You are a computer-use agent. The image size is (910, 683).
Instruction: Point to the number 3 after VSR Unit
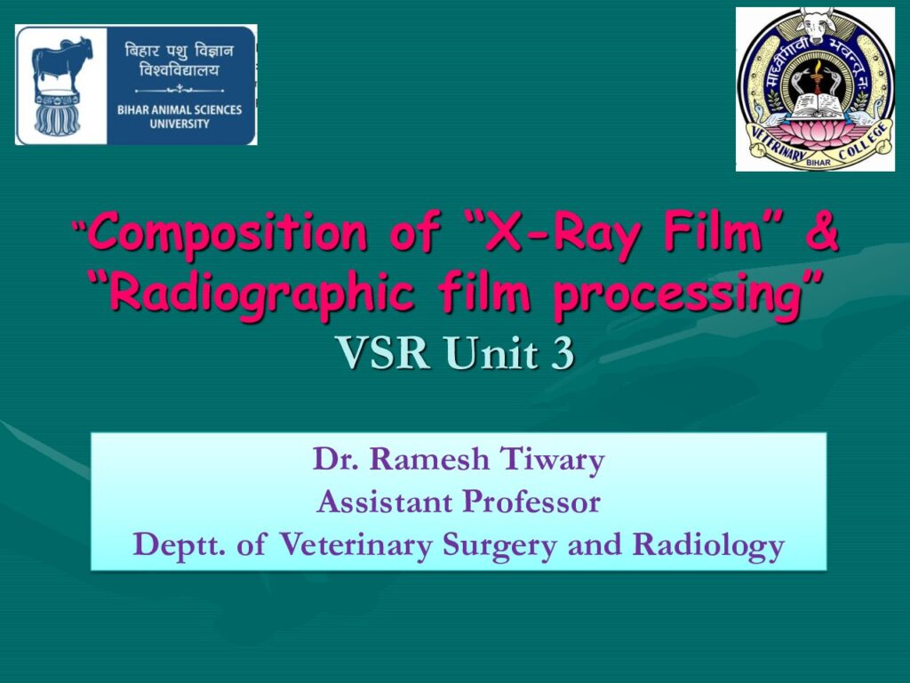[563, 354]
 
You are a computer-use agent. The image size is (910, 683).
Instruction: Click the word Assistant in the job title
[385, 502]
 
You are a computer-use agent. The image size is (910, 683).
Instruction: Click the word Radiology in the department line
[708, 546]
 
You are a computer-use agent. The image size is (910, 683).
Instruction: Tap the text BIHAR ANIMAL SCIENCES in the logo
[180, 109]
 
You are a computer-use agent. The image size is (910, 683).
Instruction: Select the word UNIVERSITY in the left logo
[180, 124]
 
